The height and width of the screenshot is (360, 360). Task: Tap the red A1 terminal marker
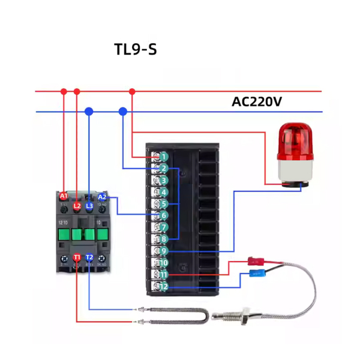(x=64, y=196)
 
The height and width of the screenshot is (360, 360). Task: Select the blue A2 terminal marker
(x=102, y=196)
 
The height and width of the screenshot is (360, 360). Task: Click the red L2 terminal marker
(x=77, y=206)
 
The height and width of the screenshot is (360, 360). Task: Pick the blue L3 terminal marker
(x=89, y=206)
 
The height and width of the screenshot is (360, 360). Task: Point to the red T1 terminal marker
(x=77, y=257)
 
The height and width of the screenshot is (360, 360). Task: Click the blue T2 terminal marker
(x=89, y=257)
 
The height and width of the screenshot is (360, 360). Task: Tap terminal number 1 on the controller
(x=163, y=157)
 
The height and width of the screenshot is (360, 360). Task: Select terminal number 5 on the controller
(x=163, y=204)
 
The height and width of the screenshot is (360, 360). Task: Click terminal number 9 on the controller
(x=163, y=251)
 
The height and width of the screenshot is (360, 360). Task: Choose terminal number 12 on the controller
(x=163, y=286)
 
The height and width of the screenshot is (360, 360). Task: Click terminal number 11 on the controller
(x=163, y=274)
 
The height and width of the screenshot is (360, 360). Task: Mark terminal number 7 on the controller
(x=163, y=227)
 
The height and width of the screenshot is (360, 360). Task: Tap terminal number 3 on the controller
(x=163, y=180)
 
